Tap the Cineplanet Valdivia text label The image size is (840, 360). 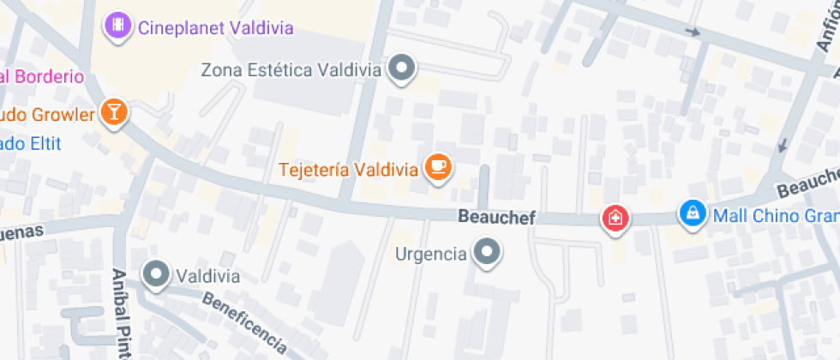click(215, 27)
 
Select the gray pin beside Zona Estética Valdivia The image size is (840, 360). click(401, 68)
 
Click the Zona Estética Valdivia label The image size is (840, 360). click(291, 69)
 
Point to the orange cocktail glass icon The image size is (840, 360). click(113, 111)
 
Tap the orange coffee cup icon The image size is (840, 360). click(438, 166)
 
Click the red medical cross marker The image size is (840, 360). click(615, 218)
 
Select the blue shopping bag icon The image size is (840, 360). click(691, 213)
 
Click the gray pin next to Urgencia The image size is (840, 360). click(489, 253)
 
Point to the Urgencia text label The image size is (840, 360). click(430, 254)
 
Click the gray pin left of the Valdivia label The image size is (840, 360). click(156, 274)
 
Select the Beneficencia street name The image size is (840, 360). click(244, 322)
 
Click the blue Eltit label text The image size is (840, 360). click(31, 143)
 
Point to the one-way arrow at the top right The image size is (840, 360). click(692, 33)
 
